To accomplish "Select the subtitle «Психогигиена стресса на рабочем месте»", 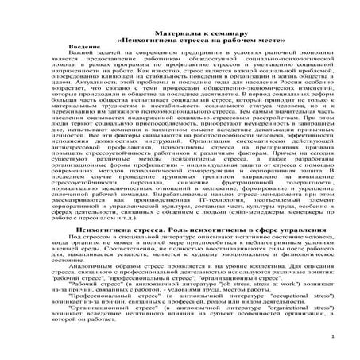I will point(180,39).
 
